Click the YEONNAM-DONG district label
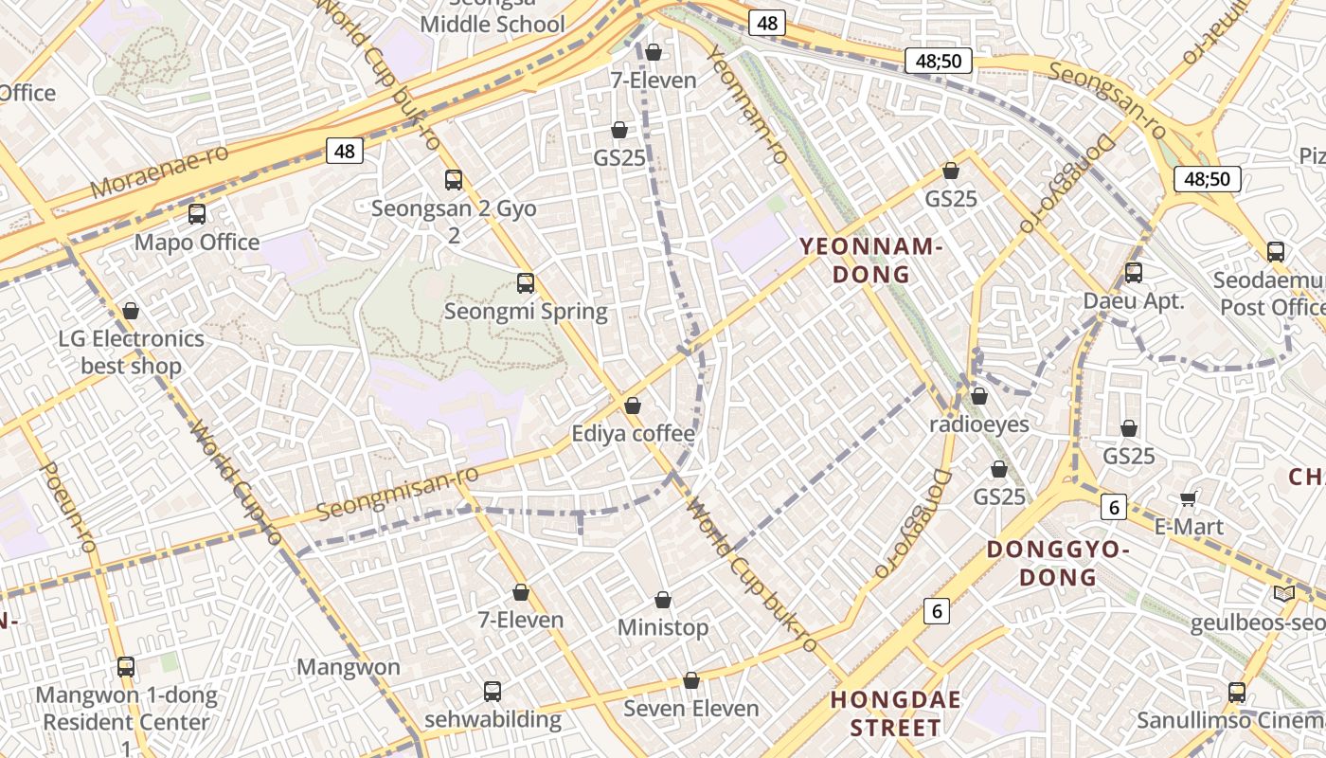pos(870,261)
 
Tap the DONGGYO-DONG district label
pos(1058,563)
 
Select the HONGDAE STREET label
pos(895,713)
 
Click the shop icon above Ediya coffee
pos(633,406)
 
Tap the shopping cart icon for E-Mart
pos(1189,498)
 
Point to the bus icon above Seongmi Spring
pos(526,282)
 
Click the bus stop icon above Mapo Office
pos(197,214)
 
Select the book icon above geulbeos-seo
pos(1284,594)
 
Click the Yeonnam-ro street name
pos(747,104)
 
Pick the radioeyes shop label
pos(978,424)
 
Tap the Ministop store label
pos(662,627)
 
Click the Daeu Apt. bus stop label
pos(1134,301)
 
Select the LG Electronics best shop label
pos(131,352)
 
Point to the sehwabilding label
pos(493,719)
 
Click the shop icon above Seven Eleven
pos(691,681)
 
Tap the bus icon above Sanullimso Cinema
pos(1237,693)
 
